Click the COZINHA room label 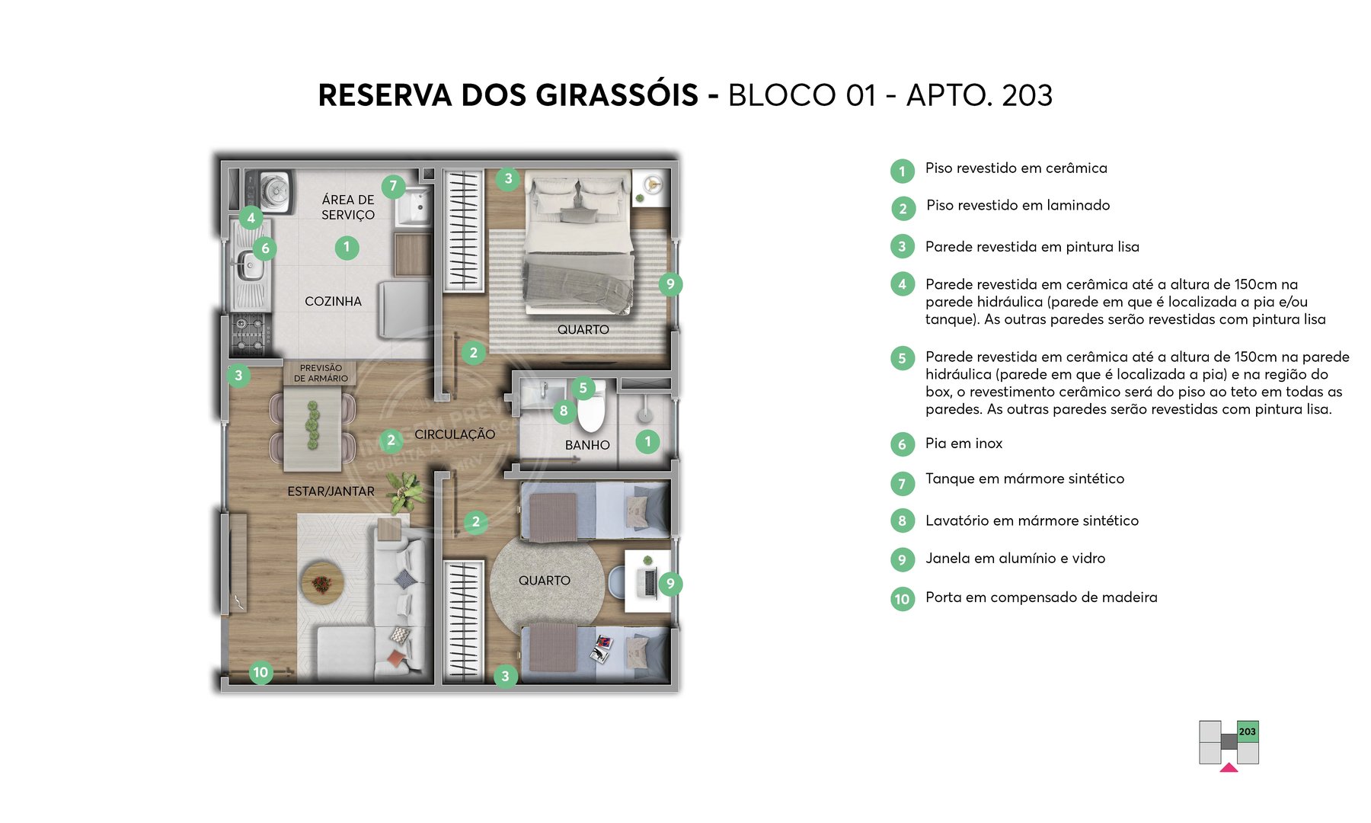(333, 301)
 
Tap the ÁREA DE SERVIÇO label (348, 207)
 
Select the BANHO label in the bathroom (587, 445)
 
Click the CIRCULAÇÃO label (455, 434)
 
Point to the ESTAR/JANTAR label (331, 492)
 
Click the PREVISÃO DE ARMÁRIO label (321, 373)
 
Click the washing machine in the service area (276, 191)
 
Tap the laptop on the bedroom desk (650, 581)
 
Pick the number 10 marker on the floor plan (261, 672)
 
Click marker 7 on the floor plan (393, 185)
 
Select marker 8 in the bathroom (564, 411)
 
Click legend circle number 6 (903, 444)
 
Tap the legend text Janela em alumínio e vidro (1015, 559)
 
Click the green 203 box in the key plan (1247, 732)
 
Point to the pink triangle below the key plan (1229, 768)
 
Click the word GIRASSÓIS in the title (616, 95)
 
